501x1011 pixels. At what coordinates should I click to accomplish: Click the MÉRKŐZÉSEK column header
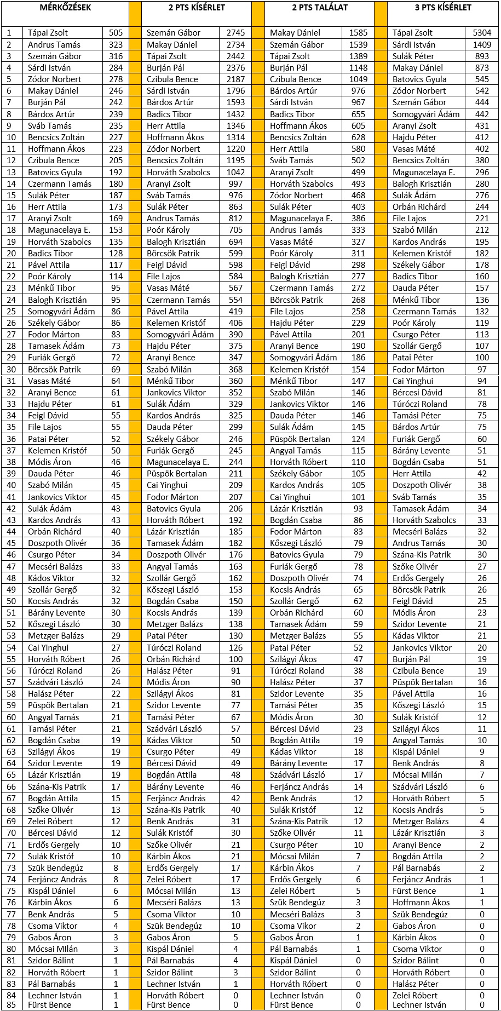[65, 8]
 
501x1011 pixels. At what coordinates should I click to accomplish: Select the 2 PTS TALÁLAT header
[320, 8]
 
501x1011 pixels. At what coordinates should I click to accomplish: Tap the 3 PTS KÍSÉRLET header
[443, 8]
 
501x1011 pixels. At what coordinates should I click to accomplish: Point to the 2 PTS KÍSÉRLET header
[197, 8]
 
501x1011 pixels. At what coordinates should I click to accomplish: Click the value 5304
[482, 33]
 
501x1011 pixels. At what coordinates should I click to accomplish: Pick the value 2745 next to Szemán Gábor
[235, 33]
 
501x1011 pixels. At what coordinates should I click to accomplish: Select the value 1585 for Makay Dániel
[359, 33]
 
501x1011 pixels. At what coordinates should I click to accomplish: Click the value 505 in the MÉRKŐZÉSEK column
[116, 33]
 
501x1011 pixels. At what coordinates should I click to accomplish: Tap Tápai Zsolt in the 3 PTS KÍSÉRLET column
[412, 33]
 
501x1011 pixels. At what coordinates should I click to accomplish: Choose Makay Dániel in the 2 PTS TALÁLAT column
[295, 33]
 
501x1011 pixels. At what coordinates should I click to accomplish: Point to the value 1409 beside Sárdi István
[482, 44]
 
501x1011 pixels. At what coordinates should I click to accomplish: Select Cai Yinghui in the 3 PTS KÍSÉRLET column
[412, 381]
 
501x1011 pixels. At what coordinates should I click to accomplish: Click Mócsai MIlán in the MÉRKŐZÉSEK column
[53, 949]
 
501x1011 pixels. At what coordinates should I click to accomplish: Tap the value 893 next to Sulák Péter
[482, 56]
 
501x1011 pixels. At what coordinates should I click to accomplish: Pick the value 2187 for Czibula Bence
[235, 79]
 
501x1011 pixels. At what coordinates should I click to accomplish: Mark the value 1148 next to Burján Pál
[359, 67]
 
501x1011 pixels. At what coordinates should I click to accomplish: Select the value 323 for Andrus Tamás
[116, 44]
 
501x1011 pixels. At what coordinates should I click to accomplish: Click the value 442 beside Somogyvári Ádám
[482, 114]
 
